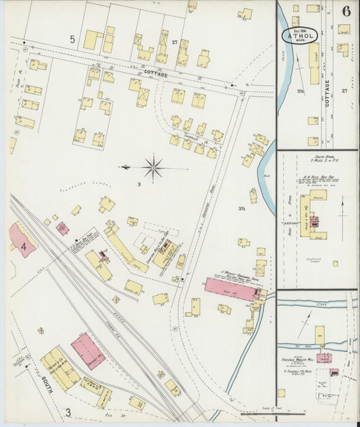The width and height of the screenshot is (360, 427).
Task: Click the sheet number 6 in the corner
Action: click(346, 11)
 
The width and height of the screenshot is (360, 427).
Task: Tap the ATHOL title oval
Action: click(298, 35)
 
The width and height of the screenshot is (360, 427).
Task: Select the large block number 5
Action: click(72, 40)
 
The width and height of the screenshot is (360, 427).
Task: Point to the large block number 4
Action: click(24, 247)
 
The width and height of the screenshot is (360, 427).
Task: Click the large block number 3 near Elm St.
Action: click(68, 411)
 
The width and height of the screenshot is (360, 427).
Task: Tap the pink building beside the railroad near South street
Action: click(88, 351)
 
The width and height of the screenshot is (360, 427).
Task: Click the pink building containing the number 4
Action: click(22, 241)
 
